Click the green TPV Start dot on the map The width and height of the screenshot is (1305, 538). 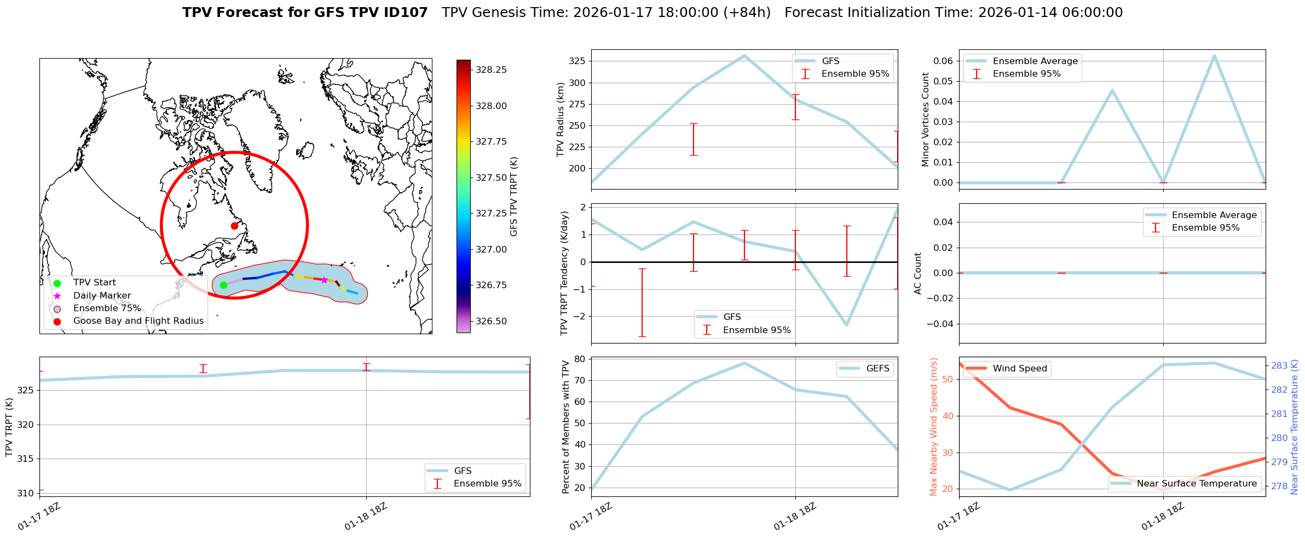click(x=223, y=285)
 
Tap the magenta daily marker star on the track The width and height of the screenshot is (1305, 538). click(x=324, y=280)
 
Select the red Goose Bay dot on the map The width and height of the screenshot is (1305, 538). click(x=234, y=226)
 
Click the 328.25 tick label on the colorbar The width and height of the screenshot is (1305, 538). click(x=491, y=70)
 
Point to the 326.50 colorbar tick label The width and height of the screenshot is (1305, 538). click(x=491, y=321)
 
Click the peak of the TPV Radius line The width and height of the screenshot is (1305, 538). click(x=744, y=55)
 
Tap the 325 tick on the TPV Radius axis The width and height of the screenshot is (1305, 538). click(x=577, y=61)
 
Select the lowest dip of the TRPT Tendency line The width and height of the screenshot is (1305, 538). click(x=846, y=325)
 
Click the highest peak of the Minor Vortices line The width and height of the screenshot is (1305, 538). click(x=1214, y=55)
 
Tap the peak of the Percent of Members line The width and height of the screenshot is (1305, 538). click(x=744, y=363)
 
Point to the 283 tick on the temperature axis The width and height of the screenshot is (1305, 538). click(x=1279, y=366)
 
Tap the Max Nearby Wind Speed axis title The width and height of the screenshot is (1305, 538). click(x=933, y=427)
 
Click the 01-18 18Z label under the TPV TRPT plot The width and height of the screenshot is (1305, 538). click(x=366, y=517)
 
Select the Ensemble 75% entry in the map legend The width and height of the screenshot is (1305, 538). click(x=107, y=308)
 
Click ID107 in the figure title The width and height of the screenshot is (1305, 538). click(x=406, y=13)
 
